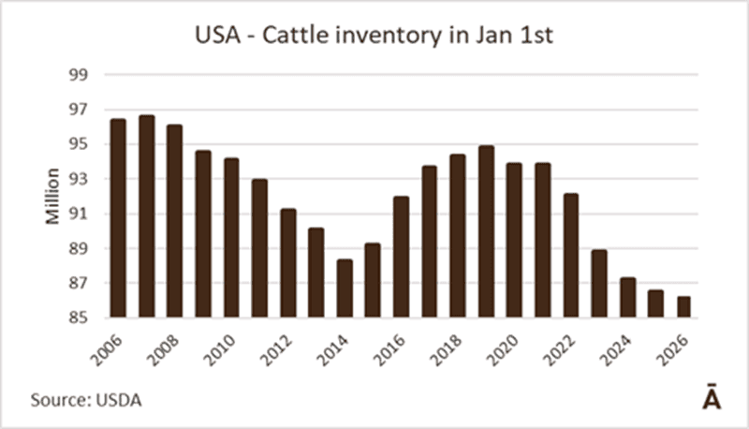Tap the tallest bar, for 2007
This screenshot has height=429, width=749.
click(x=147, y=216)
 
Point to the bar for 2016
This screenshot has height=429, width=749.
click(x=401, y=258)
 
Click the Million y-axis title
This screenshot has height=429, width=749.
click(x=52, y=197)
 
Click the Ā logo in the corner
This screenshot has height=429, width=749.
click(x=712, y=397)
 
